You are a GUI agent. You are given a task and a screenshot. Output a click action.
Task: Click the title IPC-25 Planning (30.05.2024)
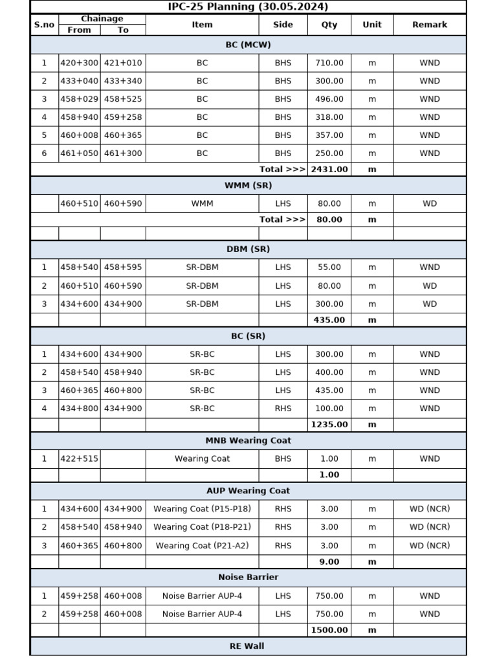pos(248,7)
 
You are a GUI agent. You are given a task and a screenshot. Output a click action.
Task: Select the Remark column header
pos(429,25)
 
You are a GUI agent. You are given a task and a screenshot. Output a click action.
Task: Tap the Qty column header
pos(329,25)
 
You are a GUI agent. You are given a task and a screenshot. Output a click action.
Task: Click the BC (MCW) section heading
pos(248,45)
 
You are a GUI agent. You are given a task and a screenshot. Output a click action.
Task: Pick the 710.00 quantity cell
pos(329,63)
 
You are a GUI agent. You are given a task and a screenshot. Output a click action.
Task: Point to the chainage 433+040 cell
pos(80,81)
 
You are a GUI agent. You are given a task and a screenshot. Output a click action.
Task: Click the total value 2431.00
pos(329,169)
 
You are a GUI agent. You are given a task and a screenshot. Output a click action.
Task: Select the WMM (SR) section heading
pos(248,185)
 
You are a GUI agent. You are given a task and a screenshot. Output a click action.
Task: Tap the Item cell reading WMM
pos(202,203)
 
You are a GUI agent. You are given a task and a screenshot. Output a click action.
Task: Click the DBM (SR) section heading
pos(248,249)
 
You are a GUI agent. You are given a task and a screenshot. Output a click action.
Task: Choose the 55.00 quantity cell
pos(329,267)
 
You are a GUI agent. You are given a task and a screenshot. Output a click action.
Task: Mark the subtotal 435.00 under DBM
pos(329,320)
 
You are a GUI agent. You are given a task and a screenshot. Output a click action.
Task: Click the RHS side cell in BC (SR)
pos(283,409)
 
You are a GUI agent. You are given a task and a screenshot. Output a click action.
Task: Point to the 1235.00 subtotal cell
pos(329,425)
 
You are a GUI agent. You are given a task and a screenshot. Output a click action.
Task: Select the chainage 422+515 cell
pos(80,458)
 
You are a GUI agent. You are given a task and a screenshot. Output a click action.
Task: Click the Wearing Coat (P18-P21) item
pos(202,527)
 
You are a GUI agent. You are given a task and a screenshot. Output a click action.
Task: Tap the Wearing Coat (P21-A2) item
pos(202,546)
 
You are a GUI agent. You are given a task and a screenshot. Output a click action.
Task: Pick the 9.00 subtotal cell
pos(329,561)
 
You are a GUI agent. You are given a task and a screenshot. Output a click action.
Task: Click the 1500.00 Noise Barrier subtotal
pos(329,630)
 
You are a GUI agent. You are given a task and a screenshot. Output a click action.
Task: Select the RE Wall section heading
pos(248,646)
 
